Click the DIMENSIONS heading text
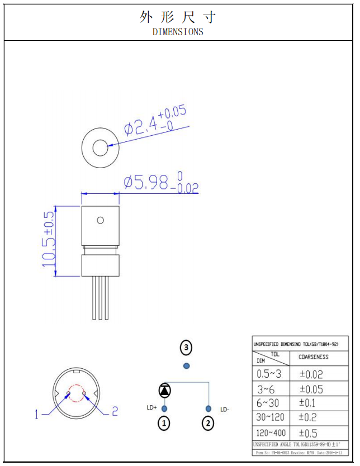[178, 32]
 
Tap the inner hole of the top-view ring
[100, 148]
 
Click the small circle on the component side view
[100, 220]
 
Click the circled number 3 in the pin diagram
[186, 348]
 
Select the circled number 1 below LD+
[164, 424]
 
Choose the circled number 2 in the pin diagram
[208, 424]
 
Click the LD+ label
[151, 408]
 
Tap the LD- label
[225, 410]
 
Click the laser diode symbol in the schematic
[165, 390]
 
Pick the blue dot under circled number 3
[186, 365]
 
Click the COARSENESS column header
[314, 356]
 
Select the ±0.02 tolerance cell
[311, 374]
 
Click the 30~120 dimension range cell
[271, 417]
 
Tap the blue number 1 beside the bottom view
[37, 414]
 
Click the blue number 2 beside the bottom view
[115, 412]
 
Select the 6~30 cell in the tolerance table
[268, 403]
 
